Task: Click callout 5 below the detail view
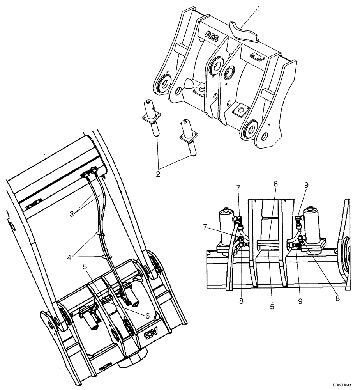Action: click(272, 307)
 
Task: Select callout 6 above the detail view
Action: click(275, 184)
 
